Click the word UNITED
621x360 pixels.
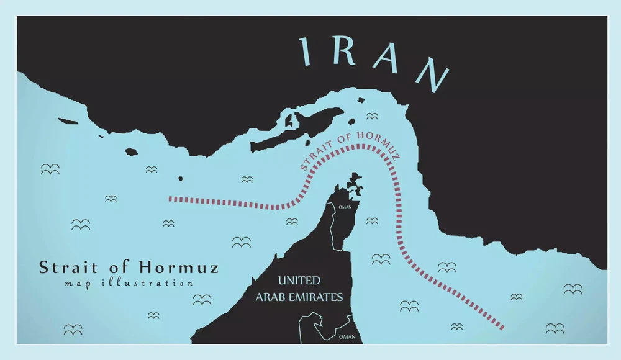[x=299, y=281]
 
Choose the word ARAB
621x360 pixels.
[x=273, y=297]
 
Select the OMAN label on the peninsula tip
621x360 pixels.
[x=345, y=207]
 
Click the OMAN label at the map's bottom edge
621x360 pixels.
[x=348, y=337]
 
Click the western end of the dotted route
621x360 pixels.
[x=171, y=199]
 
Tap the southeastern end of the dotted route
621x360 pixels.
[x=502, y=327]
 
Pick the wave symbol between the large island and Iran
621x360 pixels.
[x=372, y=116]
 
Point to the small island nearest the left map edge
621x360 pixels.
[x=64, y=120]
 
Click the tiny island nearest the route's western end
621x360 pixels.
[x=181, y=179]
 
